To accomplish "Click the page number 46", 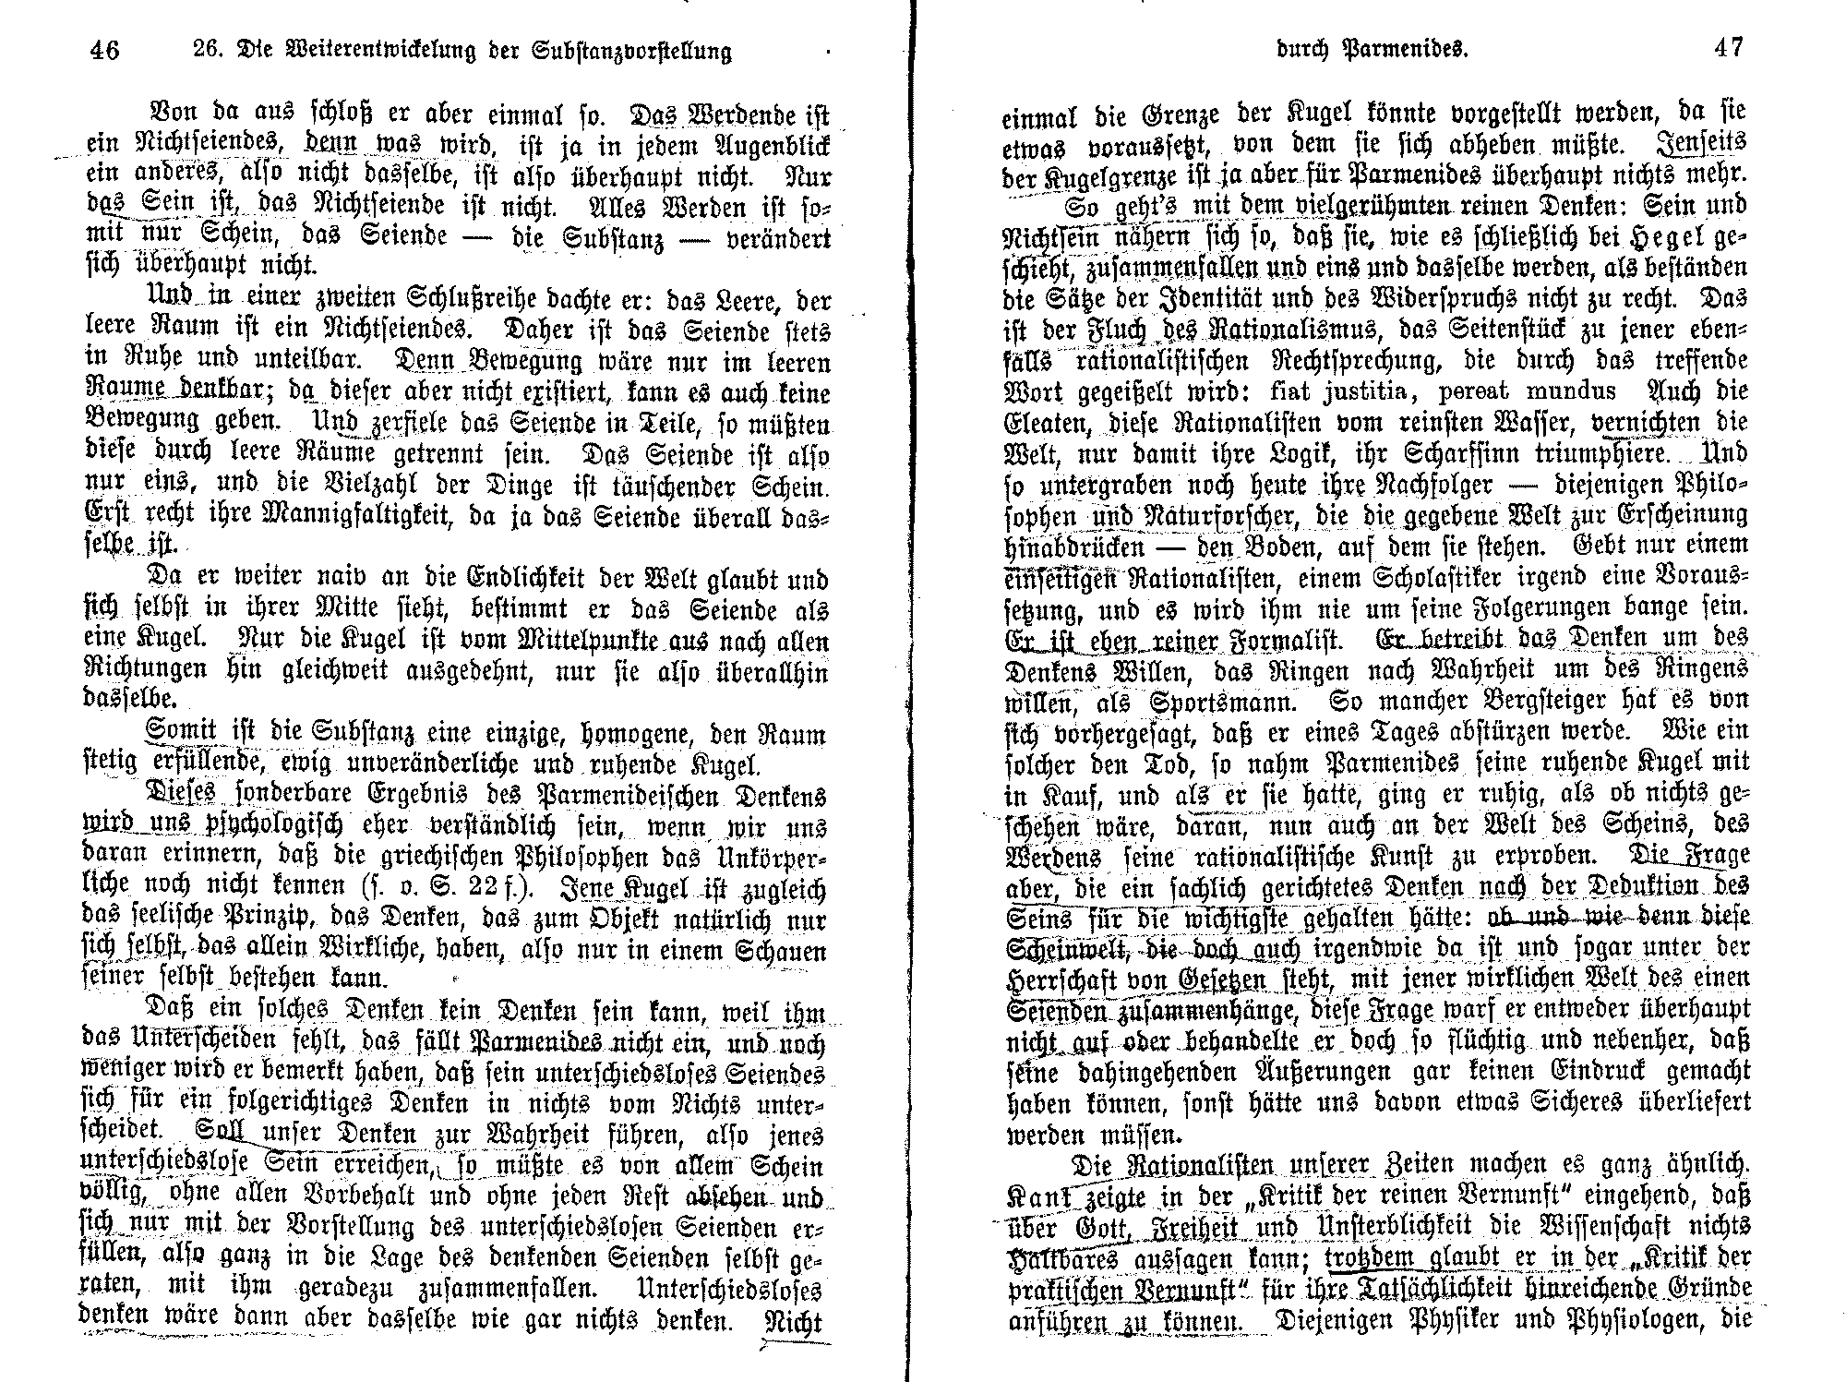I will coord(105,49).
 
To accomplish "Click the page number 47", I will coord(1728,47).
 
